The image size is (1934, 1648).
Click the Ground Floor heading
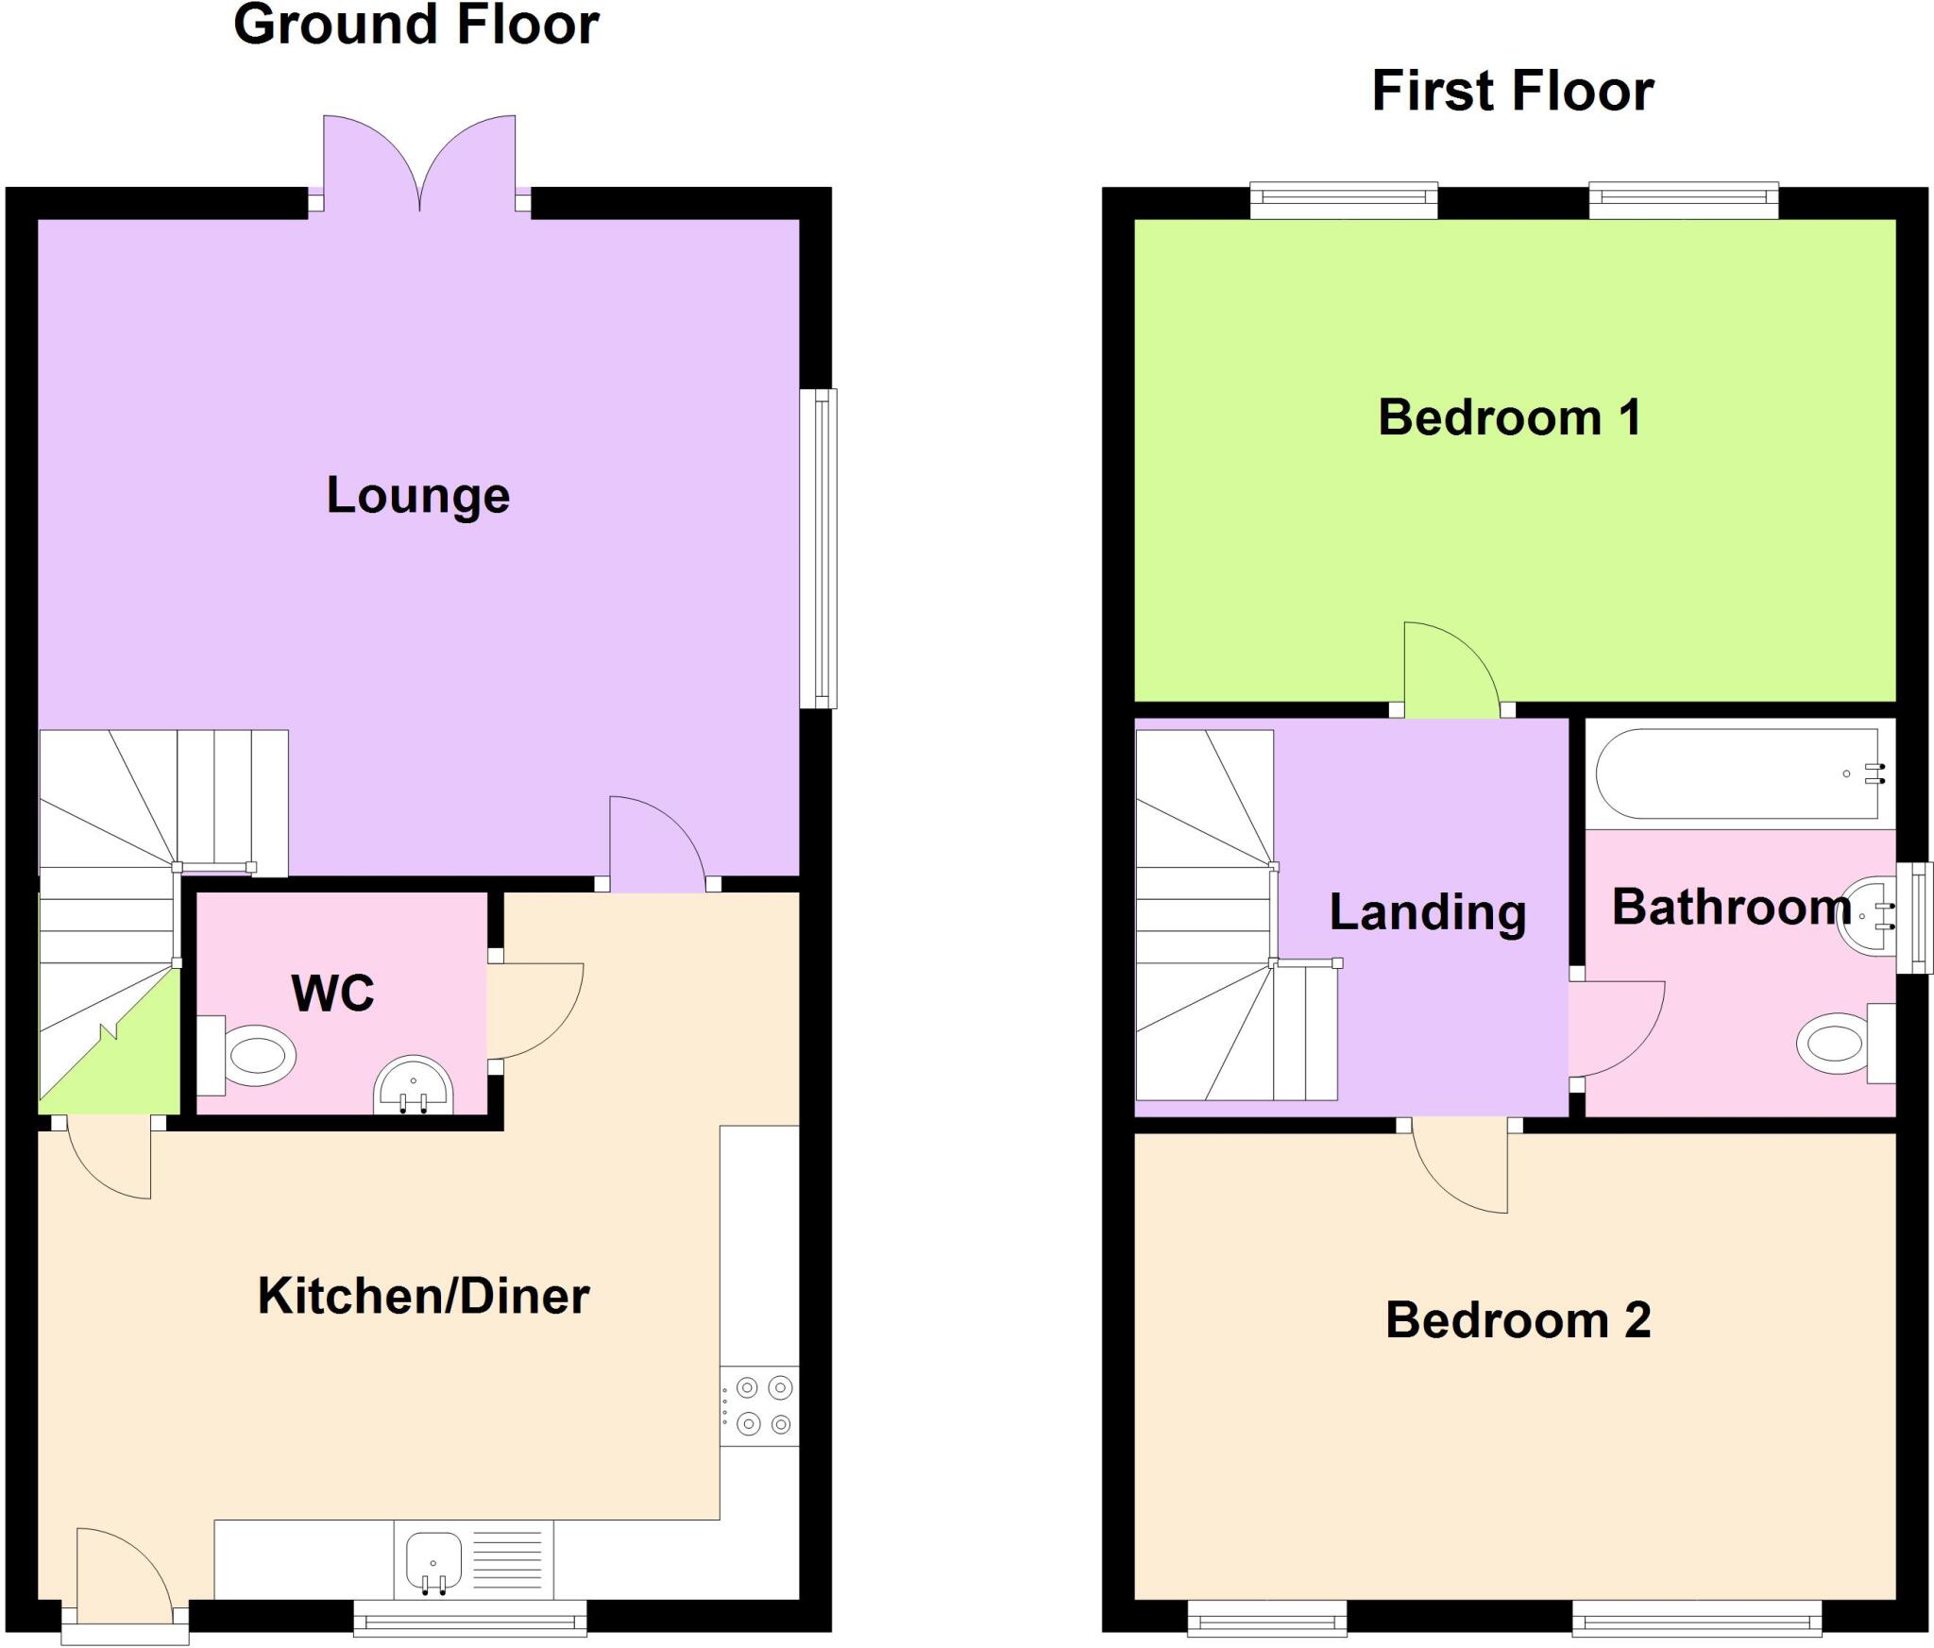click(x=416, y=25)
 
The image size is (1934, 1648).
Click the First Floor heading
click(x=1512, y=92)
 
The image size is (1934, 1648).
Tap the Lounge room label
click(x=418, y=496)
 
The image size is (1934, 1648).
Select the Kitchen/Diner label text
click(x=423, y=1296)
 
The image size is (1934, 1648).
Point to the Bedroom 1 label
click(x=1509, y=417)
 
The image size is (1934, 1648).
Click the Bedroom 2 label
click(x=1518, y=1320)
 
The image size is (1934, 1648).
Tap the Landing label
click(x=1427, y=912)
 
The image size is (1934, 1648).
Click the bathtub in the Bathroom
click(x=1738, y=774)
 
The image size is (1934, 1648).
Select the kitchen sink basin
click(x=433, y=1559)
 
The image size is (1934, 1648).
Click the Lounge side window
click(x=819, y=549)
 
